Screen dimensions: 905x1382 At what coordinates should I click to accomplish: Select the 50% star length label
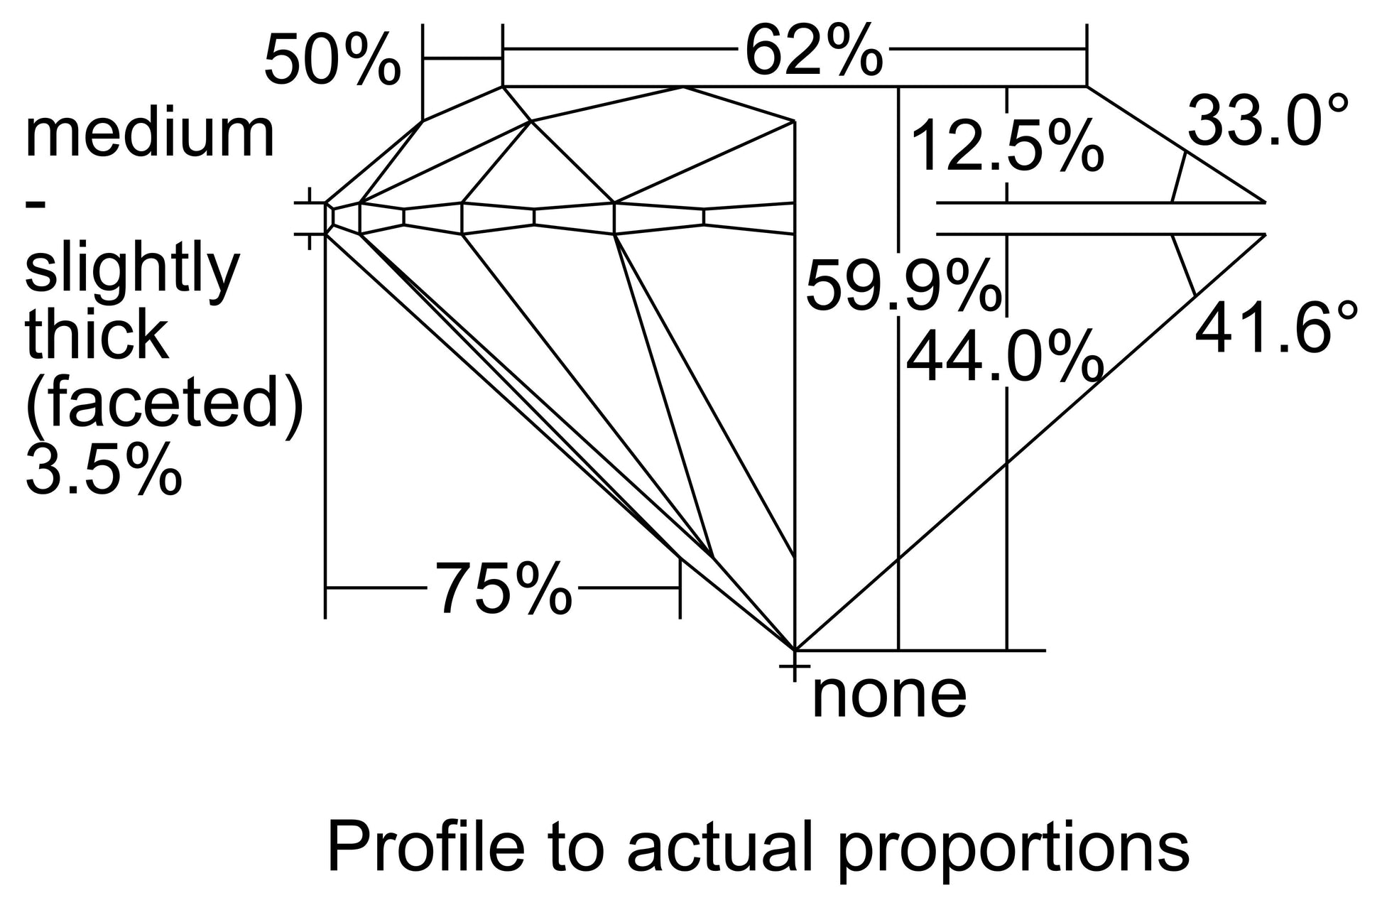pos(332,62)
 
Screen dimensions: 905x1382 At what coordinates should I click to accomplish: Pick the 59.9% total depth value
pos(903,287)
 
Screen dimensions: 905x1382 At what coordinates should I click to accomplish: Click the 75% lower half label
pos(503,588)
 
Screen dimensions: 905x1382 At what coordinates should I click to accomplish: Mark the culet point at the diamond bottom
pos(793,649)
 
